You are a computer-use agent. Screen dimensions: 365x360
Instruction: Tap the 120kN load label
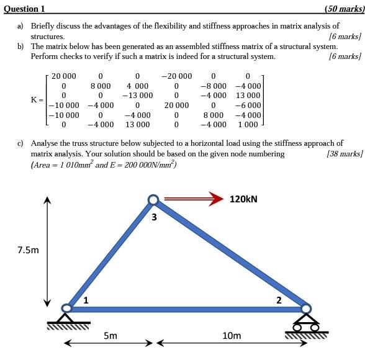[243, 199]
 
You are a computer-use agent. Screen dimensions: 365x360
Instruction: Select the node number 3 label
[154, 217]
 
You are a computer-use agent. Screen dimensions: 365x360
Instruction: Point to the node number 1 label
[86, 300]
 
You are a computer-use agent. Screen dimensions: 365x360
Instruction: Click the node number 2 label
[279, 300]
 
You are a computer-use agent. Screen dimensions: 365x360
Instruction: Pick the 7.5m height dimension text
[28, 250]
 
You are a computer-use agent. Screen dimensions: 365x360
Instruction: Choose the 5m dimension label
[110, 336]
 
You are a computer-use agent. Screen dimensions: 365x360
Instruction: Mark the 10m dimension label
[231, 336]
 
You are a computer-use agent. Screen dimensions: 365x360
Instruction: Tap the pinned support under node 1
[66, 318]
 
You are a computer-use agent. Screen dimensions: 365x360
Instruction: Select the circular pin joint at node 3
[153, 200]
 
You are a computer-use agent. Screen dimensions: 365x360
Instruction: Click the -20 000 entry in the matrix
[177, 76]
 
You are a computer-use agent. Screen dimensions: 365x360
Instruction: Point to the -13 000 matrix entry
[137, 96]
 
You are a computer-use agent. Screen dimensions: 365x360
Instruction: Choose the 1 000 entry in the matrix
[248, 125]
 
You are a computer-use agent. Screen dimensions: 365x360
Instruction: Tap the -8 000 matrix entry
[214, 86]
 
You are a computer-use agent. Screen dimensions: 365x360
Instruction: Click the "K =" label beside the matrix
[38, 99]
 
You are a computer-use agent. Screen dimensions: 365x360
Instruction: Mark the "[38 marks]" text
[344, 153]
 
